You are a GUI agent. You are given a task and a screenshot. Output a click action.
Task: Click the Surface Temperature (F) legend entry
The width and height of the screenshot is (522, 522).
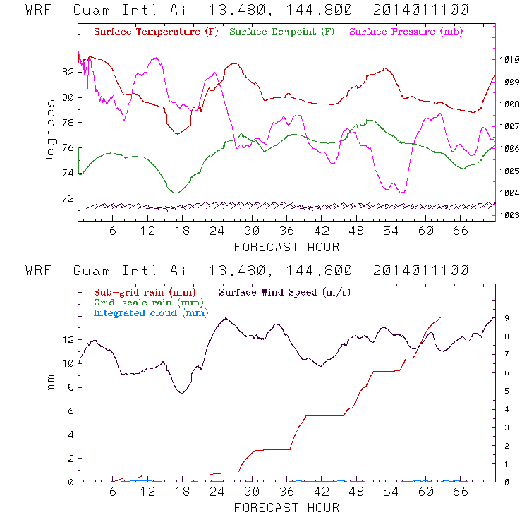pos(156,32)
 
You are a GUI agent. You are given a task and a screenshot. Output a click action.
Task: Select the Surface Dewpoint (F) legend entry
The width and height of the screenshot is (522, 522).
pos(282,32)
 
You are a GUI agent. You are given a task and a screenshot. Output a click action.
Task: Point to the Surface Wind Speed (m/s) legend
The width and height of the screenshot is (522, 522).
pos(285,291)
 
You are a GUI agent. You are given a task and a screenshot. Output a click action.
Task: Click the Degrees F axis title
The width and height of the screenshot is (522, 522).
pos(49,122)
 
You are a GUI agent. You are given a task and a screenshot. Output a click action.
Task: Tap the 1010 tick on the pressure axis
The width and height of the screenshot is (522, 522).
pos(509,60)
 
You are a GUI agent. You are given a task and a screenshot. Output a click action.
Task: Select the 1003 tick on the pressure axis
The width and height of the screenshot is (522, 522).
pos(509,215)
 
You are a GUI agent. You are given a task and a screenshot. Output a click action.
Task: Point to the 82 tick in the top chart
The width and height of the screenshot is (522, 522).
pos(68,72)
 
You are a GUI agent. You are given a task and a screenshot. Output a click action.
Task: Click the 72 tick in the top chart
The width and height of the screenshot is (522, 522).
pos(68,198)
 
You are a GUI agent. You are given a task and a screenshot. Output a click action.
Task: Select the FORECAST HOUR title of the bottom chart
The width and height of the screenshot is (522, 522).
pos(286,507)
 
